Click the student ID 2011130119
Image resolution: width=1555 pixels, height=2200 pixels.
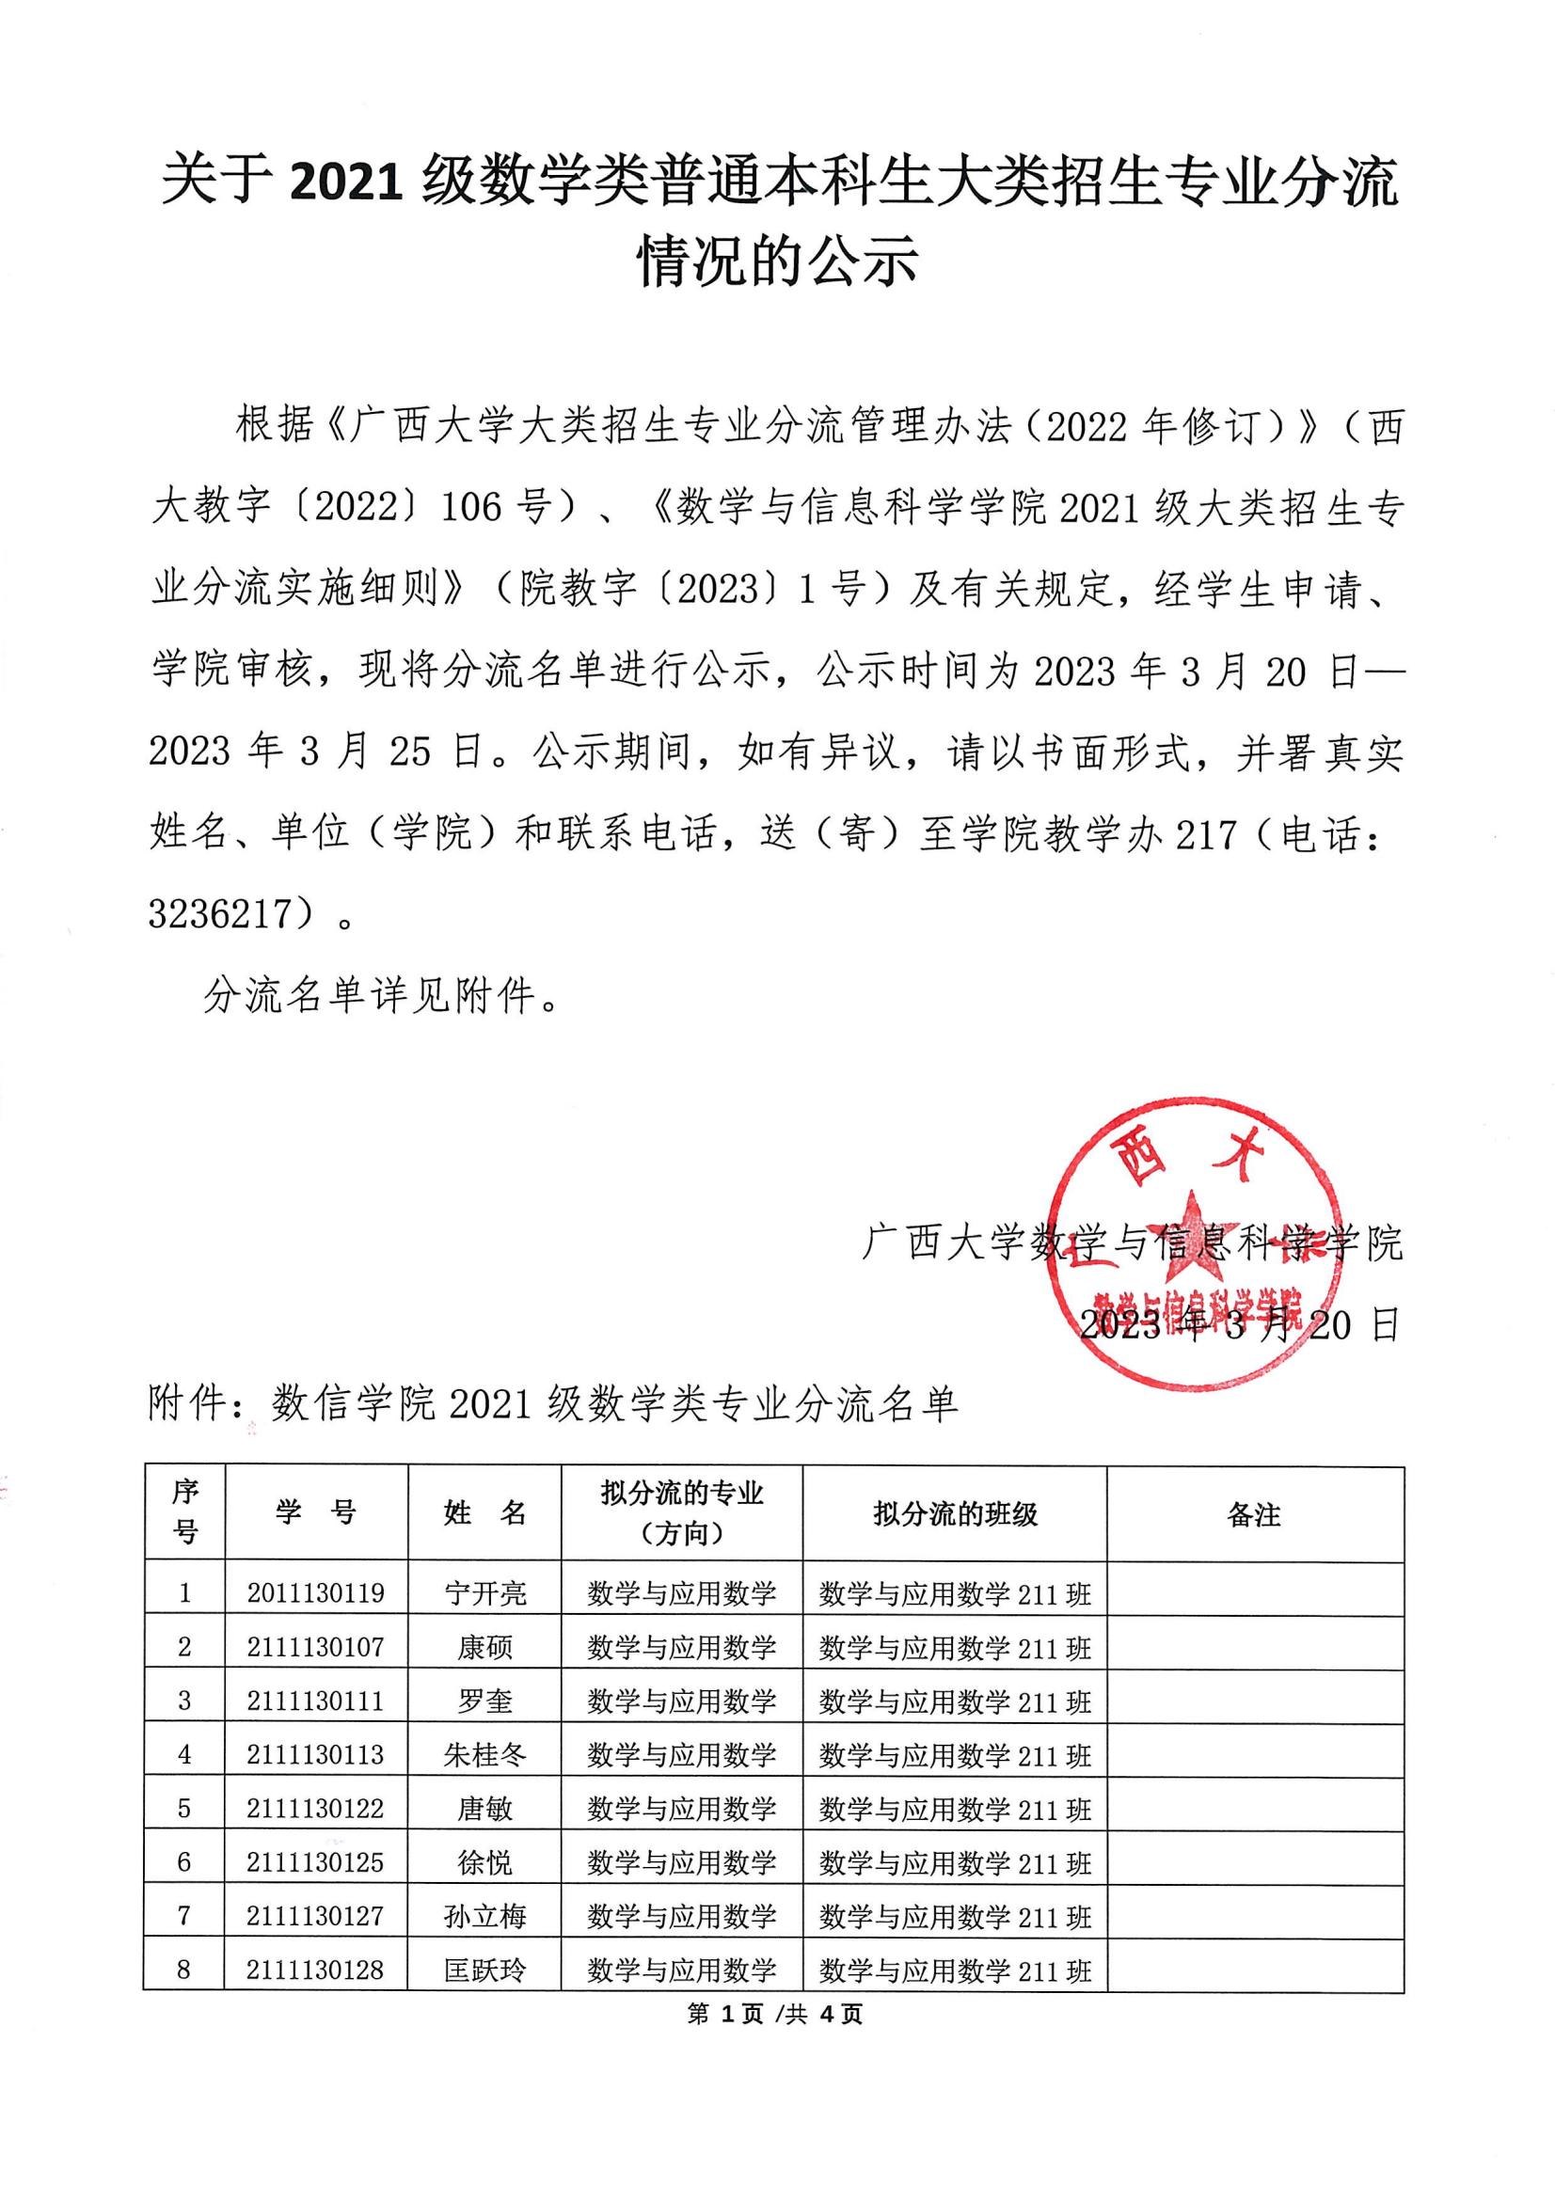(x=315, y=1592)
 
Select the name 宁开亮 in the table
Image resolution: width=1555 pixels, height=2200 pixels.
(x=484, y=1592)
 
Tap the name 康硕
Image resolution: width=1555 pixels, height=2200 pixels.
(x=484, y=1646)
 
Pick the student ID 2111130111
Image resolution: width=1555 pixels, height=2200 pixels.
(x=315, y=1701)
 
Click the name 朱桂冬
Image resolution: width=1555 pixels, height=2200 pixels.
(x=484, y=1754)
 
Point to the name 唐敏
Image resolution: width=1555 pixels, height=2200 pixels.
(x=484, y=1808)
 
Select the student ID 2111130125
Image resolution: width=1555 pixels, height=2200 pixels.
(x=315, y=1861)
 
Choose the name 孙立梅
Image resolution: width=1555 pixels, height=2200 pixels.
(x=484, y=1915)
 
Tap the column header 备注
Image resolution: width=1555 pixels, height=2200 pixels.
(x=1253, y=1514)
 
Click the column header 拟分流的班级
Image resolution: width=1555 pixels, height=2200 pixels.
(x=954, y=1514)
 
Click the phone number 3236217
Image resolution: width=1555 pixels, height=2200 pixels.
(x=220, y=915)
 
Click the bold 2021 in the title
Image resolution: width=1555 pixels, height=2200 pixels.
(x=346, y=183)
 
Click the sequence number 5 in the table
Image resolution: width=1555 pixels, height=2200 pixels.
(x=184, y=1808)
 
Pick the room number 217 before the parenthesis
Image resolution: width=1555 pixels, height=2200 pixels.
(x=1208, y=834)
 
